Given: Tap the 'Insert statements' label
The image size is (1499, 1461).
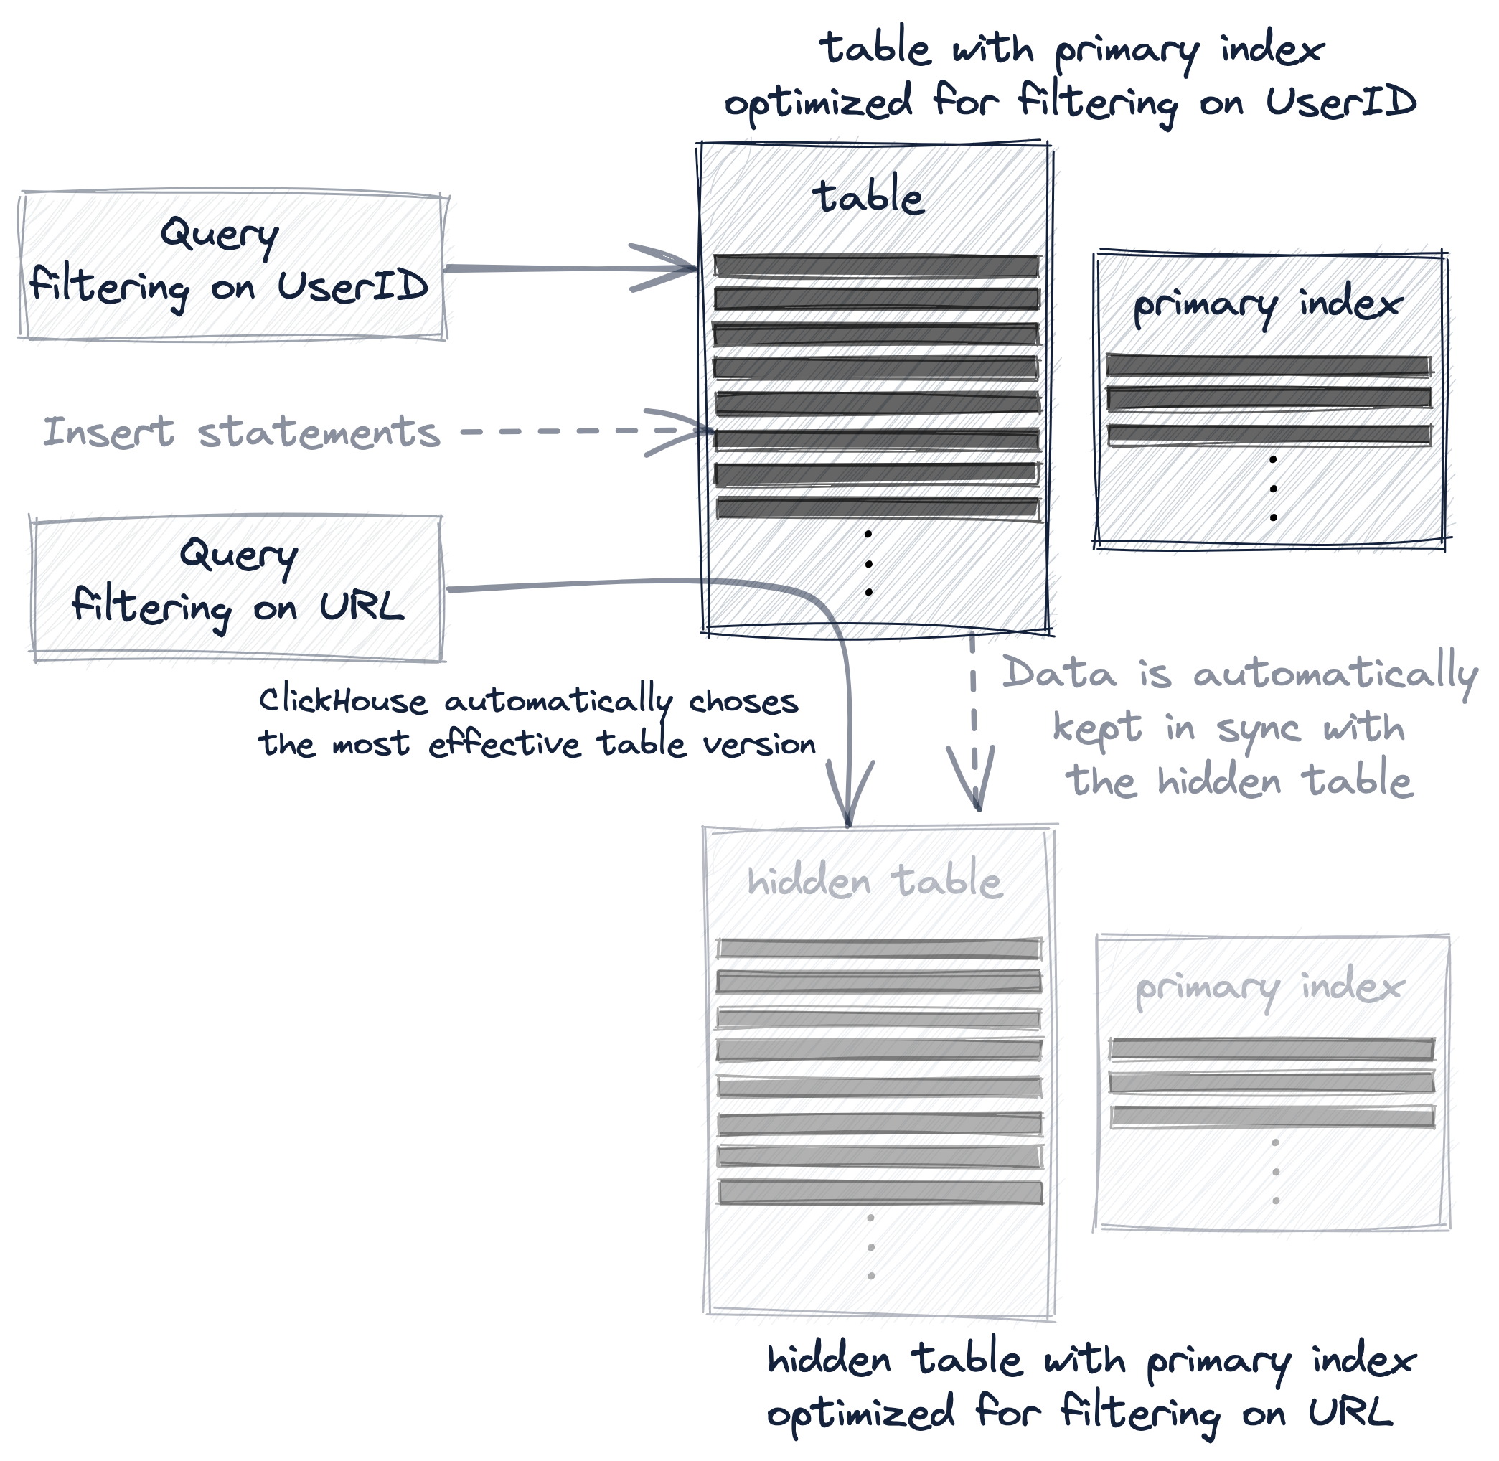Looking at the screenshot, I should tap(242, 432).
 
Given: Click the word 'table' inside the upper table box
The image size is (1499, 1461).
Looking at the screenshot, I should tap(871, 197).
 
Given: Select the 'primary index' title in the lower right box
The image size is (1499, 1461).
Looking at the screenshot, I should tap(1269, 988).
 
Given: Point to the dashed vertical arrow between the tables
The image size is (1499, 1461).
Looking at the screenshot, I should tap(973, 721).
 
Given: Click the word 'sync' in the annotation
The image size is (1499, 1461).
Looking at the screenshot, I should tap(1258, 729).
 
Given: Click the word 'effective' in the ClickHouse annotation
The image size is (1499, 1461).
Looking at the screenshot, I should tap(504, 744).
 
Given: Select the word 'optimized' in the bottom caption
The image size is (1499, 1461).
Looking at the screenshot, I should tap(861, 1414).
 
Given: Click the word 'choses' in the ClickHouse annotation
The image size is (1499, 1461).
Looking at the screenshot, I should tap(743, 700).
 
